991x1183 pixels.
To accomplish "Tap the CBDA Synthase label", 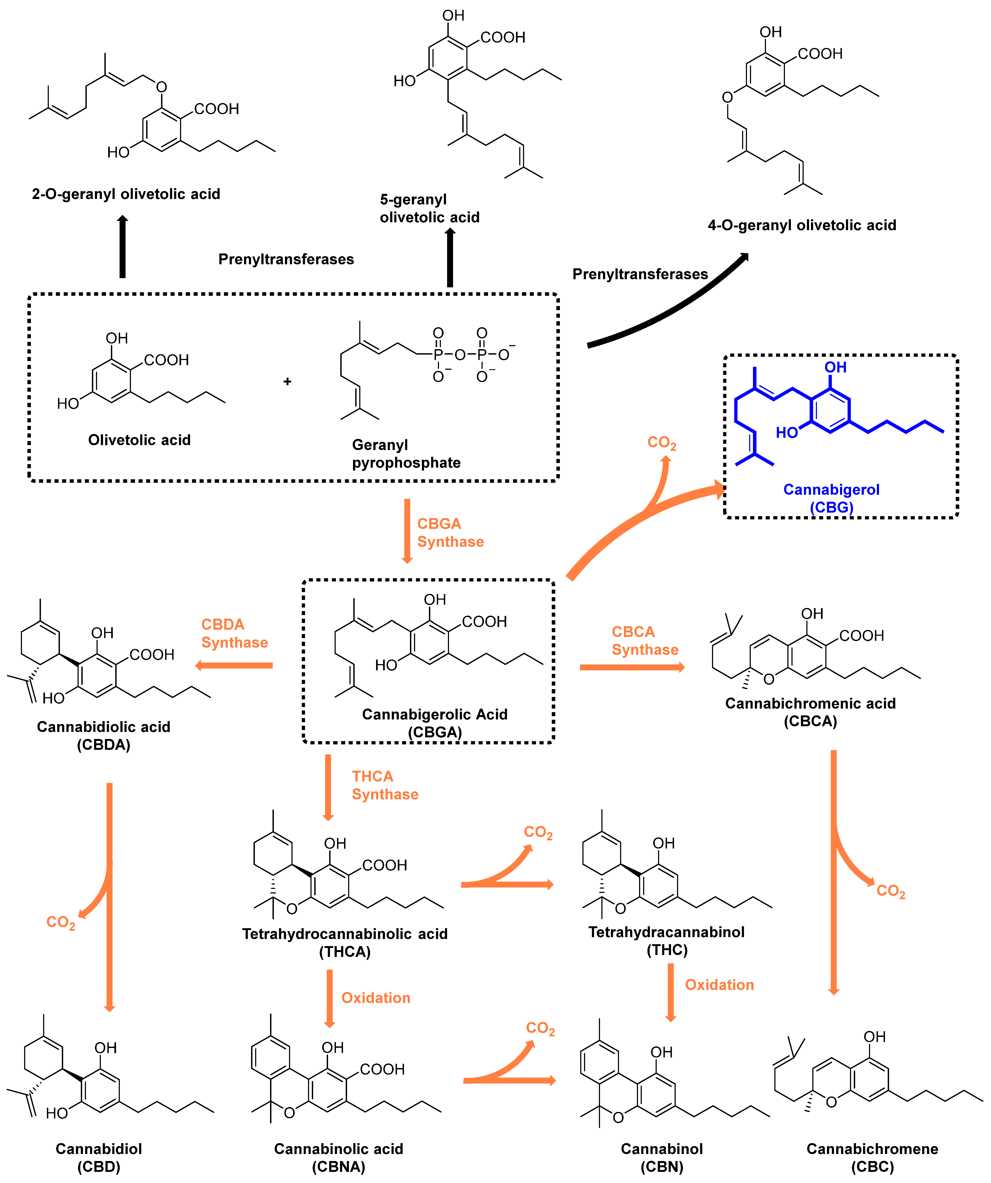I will tap(234, 633).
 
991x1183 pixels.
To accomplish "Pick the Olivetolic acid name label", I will tap(139, 440).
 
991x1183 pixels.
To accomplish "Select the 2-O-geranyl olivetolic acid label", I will tap(126, 194).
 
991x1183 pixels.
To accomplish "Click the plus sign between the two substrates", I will tap(287, 381).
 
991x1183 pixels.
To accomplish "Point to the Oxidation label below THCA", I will tap(376, 998).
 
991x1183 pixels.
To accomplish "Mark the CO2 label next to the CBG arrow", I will tap(661, 443).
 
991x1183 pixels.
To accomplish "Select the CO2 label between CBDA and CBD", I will tap(60, 922).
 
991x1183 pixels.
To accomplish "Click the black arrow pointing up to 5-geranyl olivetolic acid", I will tap(450, 258).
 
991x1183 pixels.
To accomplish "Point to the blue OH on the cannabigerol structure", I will tap(836, 367).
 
